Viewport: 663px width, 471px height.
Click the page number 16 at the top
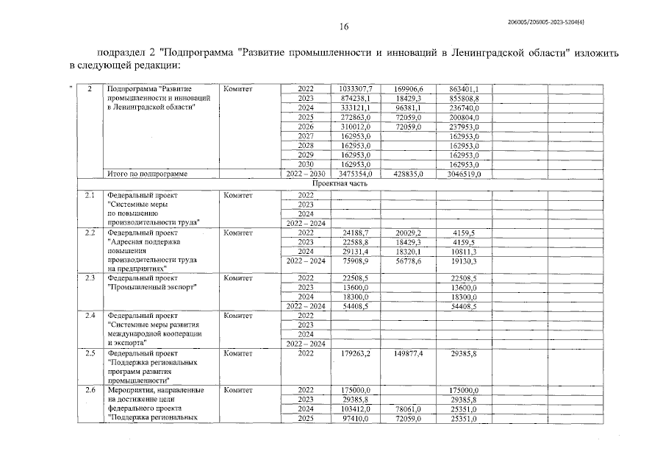343,27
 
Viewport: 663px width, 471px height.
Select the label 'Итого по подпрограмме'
147,174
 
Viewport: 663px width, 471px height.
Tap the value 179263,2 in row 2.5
357,354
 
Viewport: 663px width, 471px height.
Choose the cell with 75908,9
357,261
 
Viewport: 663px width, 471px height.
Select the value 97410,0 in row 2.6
357,419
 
